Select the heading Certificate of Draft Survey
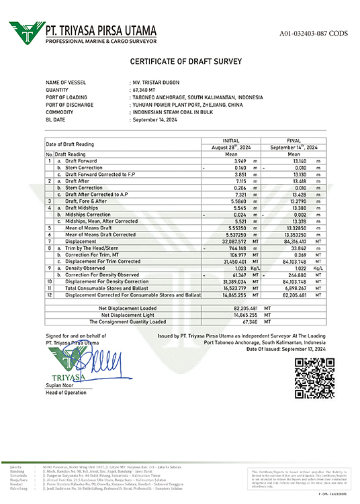click(x=179, y=62)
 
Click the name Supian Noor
click(x=60, y=386)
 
